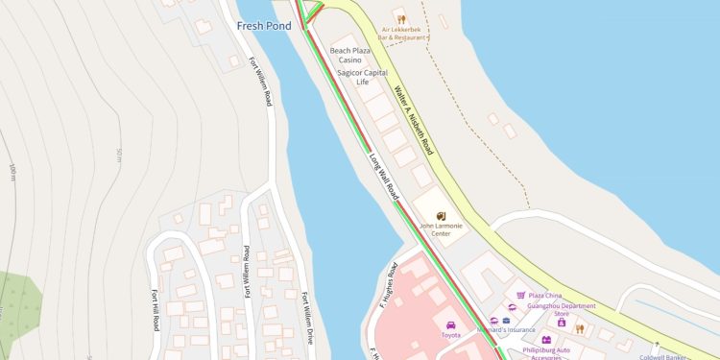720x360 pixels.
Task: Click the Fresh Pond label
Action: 264,26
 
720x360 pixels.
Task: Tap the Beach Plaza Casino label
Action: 351,55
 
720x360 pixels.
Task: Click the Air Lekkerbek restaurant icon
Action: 401,17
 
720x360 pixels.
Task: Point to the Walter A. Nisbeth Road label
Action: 414,121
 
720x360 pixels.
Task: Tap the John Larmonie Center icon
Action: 442,216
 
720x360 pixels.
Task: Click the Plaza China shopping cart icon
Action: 521,296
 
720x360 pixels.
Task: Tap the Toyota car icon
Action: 451,324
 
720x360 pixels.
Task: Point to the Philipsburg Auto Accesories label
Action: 547,351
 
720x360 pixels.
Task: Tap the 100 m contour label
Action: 13,173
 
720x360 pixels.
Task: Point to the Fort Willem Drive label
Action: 308,317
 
